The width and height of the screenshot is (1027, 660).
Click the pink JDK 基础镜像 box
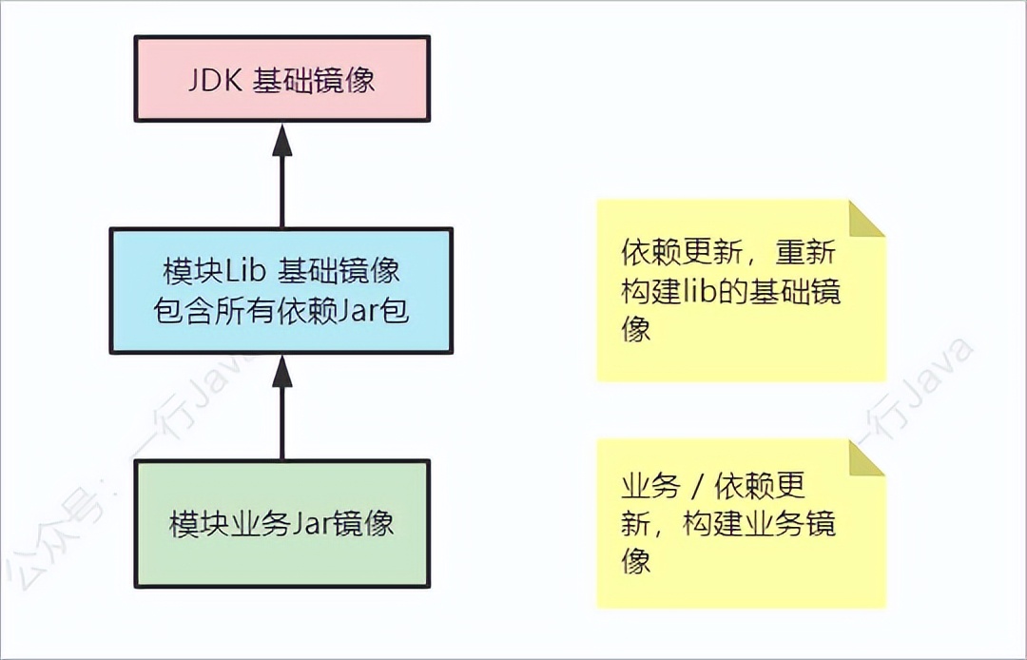pos(281,79)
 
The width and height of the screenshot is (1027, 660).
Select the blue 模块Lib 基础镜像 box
pos(281,291)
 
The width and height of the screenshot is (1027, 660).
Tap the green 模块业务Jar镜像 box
pos(281,523)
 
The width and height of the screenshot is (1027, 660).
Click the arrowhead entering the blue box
pos(281,370)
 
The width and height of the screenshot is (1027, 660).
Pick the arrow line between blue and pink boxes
pos(281,190)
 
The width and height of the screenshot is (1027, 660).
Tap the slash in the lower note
pos(697,487)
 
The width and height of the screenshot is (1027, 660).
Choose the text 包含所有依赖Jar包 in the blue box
pos(281,311)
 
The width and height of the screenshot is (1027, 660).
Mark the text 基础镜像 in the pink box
pos(314,80)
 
